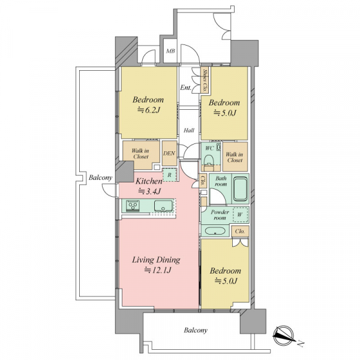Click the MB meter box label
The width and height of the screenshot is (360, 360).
tap(170, 51)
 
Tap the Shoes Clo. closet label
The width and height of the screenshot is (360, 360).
tap(205, 80)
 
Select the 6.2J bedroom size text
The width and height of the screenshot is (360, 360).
tap(148, 110)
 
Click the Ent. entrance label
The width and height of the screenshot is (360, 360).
tap(185, 88)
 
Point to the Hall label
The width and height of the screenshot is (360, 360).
tap(189, 130)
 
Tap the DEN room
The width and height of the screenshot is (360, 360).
tap(169, 153)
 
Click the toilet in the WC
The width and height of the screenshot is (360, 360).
tap(209, 160)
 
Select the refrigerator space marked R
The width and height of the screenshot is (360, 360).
tap(169, 175)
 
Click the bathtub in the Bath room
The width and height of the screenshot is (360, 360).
tap(240, 189)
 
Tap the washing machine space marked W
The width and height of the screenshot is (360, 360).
tap(240, 215)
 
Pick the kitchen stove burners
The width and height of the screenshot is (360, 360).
tap(133, 205)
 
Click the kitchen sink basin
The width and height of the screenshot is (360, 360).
tap(163, 206)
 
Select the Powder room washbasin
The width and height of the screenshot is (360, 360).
tap(215, 231)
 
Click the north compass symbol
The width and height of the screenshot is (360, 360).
tap(284, 335)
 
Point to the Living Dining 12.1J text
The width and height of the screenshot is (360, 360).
tap(156, 265)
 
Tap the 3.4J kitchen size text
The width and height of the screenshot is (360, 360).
tap(149, 191)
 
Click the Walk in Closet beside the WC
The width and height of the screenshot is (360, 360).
tap(235, 157)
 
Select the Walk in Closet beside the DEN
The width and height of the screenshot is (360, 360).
tap(140, 154)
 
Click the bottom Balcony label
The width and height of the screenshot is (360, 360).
tap(196, 330)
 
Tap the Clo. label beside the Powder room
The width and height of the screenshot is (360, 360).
tap(240, 232)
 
